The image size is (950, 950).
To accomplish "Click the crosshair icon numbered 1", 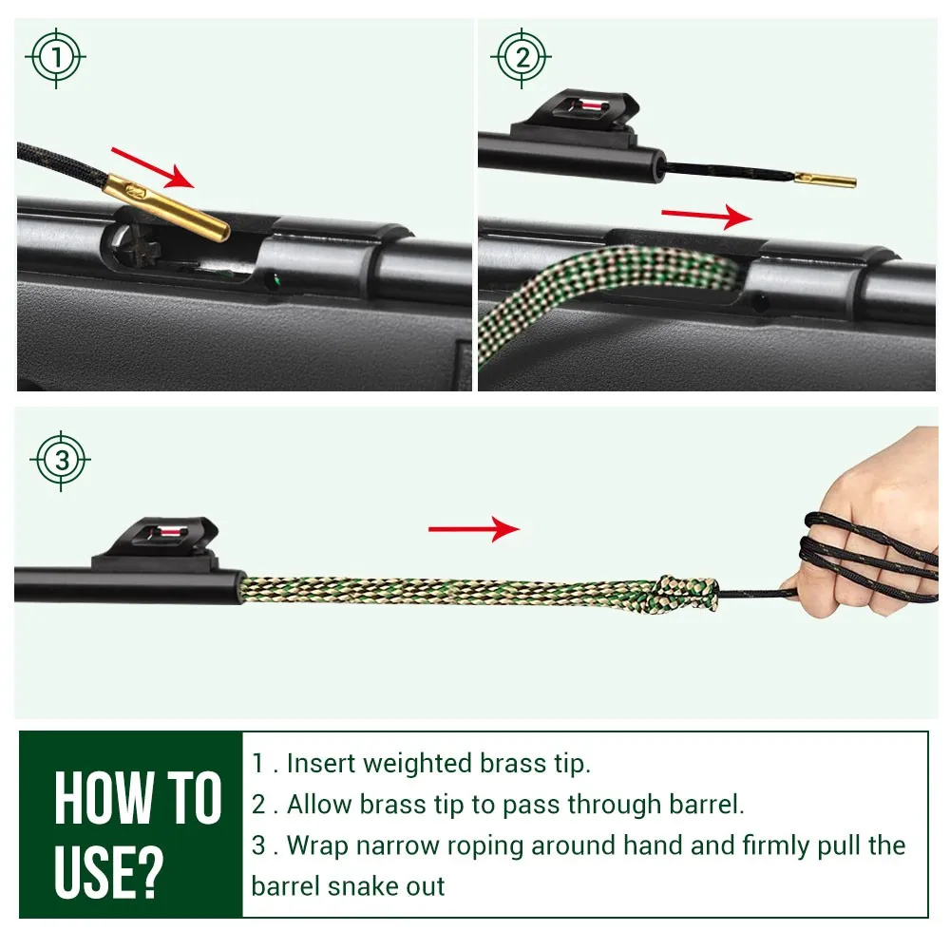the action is tap(56, 58).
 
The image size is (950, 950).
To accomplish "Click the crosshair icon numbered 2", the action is tap(521, 58).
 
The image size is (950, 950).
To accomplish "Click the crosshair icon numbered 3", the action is tap(61, 461).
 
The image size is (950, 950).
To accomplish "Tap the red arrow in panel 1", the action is tap(153, 168).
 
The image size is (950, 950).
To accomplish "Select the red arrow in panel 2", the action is tap(707, 217).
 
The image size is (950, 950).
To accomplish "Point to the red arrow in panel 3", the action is tap(474, 529).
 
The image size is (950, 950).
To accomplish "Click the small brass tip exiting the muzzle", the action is tap(825, 180).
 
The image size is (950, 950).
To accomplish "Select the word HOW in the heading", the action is tap(103, 797).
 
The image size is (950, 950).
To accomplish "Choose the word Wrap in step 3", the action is tap(317, 845).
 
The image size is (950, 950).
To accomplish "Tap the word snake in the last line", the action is tap(361, 886).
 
